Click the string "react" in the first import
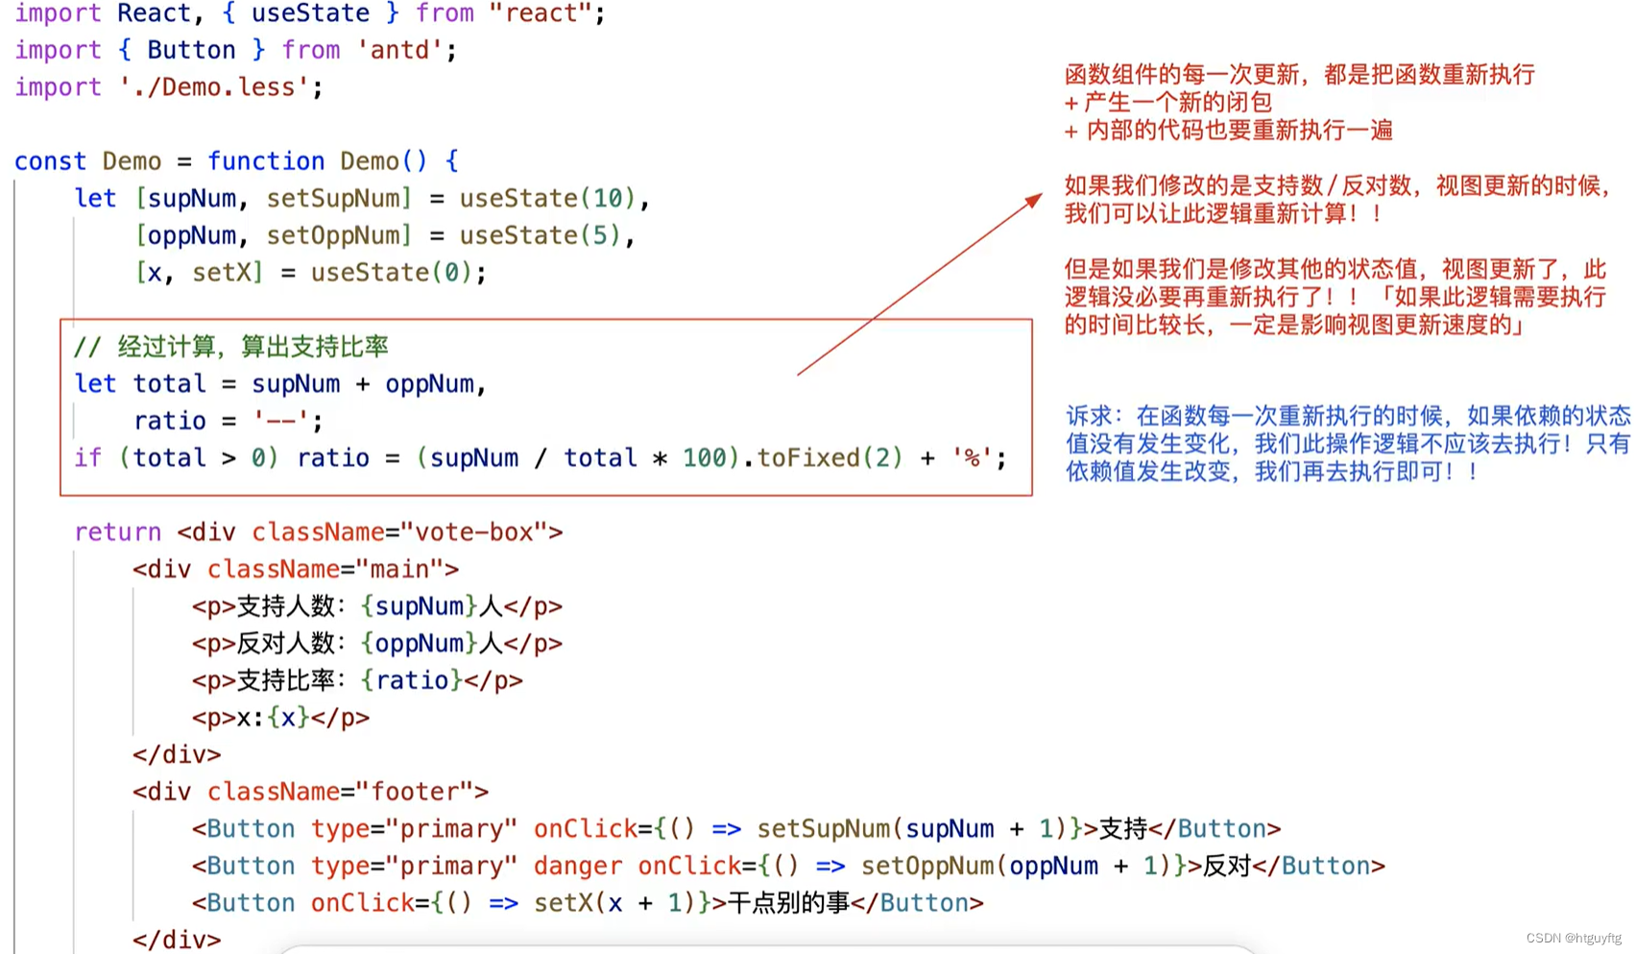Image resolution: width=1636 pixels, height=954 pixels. click(541, 13)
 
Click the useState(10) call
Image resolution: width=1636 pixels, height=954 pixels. click(547, 199)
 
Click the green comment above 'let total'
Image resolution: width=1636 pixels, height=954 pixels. click(230, 347)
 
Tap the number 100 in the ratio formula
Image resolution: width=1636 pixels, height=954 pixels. click(704, 458)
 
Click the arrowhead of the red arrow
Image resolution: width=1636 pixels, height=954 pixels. click(1035, 199)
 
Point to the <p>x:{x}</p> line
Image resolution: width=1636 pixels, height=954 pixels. click(280, 718)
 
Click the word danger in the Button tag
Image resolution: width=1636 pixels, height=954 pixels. click(577, 867)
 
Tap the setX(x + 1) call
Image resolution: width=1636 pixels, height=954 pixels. click(613, 903)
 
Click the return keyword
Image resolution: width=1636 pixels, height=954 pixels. click(117, 532)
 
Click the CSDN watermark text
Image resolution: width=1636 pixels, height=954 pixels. click(1573, 938)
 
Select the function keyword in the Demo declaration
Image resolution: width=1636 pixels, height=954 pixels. click(266, 161)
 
